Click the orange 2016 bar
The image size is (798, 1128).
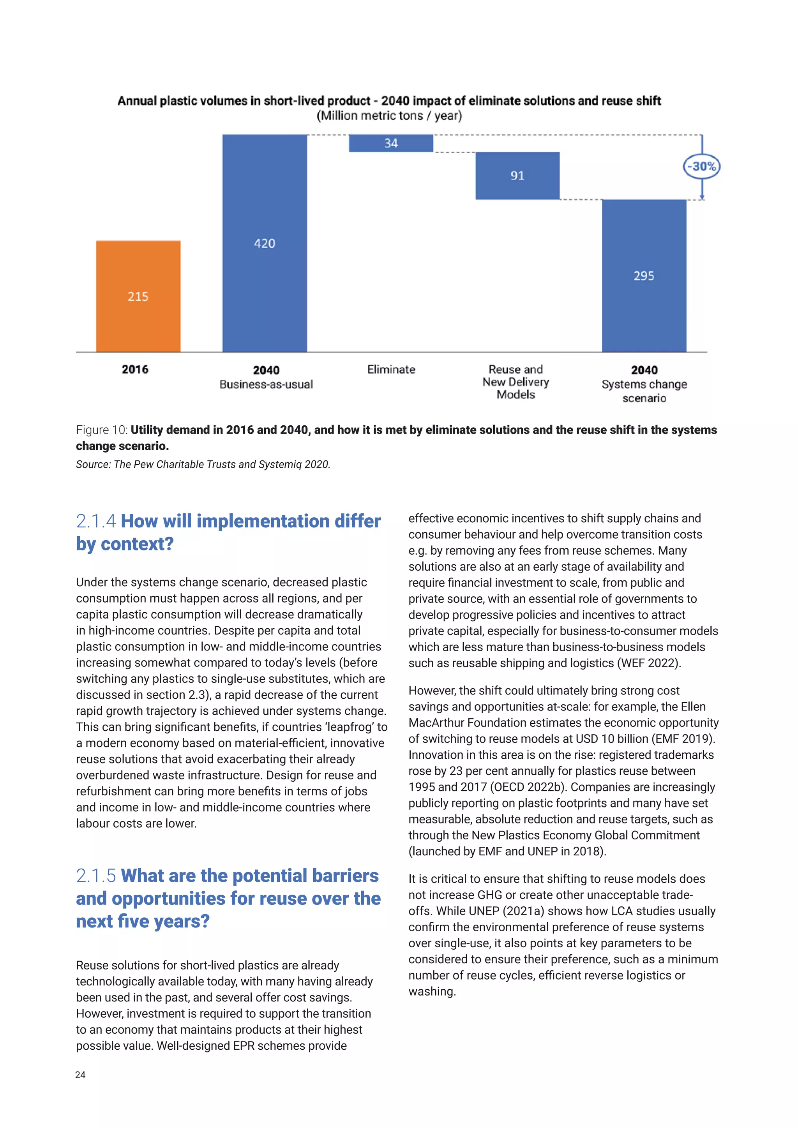[x=138, y=296]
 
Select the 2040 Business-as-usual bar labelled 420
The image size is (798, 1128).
[x=264, y=243]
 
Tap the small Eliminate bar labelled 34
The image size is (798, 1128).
[x=391, y=143]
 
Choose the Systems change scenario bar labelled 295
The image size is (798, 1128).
[x=644, y=276]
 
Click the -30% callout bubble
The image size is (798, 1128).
[x=702, y=167]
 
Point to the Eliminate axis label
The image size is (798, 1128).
[x=391, y=370]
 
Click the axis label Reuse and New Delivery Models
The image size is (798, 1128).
[x=516, y=382]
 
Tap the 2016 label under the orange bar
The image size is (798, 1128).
[x=135, y=370]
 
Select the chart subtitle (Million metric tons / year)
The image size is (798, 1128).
[x=389, y=116]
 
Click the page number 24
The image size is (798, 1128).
[x=80, y=1075]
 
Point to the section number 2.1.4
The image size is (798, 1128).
[x=96, y=521]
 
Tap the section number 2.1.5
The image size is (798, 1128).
[x=96, y=876]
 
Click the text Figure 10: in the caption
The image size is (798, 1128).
[x=102, y=430]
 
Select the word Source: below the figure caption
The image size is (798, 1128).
[x=93, y=464]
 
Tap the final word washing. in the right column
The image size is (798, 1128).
[x=432, y=991]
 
